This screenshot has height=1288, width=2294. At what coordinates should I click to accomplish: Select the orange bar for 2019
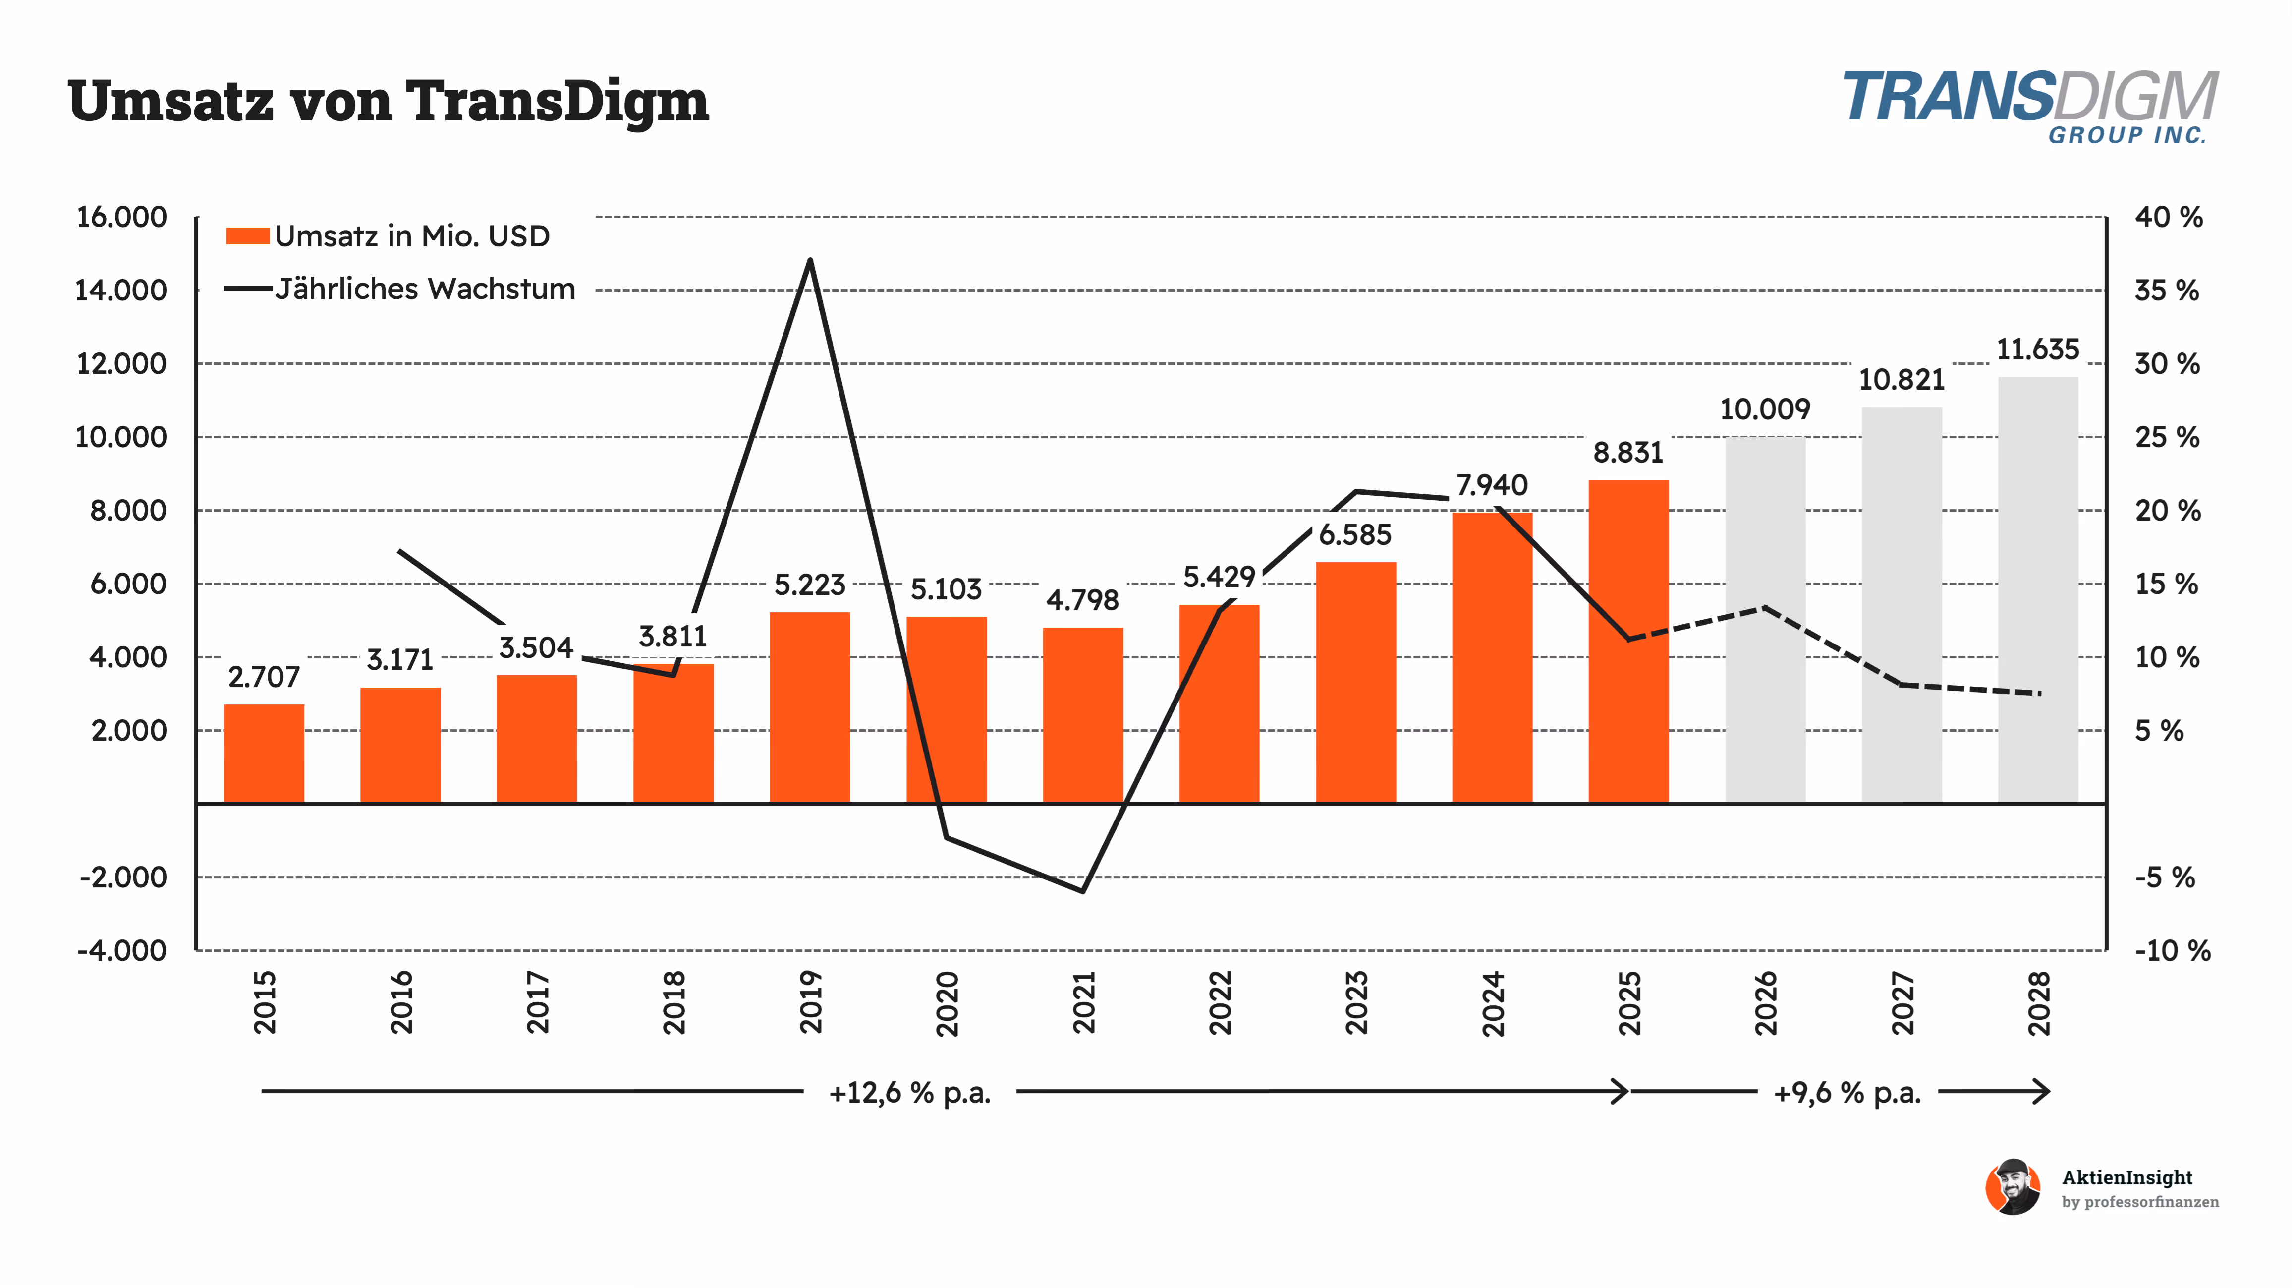coord(809,707)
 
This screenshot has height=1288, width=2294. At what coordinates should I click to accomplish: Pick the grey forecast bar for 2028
coord(2037,589)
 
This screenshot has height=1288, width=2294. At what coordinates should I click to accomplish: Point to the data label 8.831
coord(1628,453)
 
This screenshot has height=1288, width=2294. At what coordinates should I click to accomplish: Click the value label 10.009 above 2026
coord(1764,410)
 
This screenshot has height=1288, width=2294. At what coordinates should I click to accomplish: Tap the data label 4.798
coord(1082,600)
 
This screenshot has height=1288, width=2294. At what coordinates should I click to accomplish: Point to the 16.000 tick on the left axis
coord(121,217)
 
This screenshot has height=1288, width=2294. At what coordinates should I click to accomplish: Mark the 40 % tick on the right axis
coord(2168,217)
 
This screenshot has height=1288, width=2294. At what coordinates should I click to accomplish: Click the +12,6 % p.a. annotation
coord(909,1092)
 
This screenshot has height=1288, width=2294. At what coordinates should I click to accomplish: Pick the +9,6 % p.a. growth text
coord(1847,1092)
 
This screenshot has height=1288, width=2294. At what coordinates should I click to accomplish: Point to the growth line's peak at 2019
coord(809,261)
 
